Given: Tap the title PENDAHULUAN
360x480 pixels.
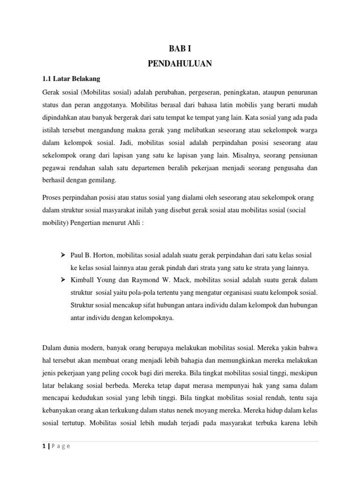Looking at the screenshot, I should pyautogui.click(x=180, y=64).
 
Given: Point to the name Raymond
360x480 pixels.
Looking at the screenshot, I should pyautogui.click(x=141, y=280).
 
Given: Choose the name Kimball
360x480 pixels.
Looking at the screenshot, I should pyautogui.click(x=84, y=280).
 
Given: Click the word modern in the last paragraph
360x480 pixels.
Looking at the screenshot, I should pyautogui.click(x=94, y=348).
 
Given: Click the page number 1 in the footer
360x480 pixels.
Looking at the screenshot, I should pyautogui.click(x=43, y=446).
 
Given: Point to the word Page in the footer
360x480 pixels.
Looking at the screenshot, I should pyautogui.click(x=61, y=446).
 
